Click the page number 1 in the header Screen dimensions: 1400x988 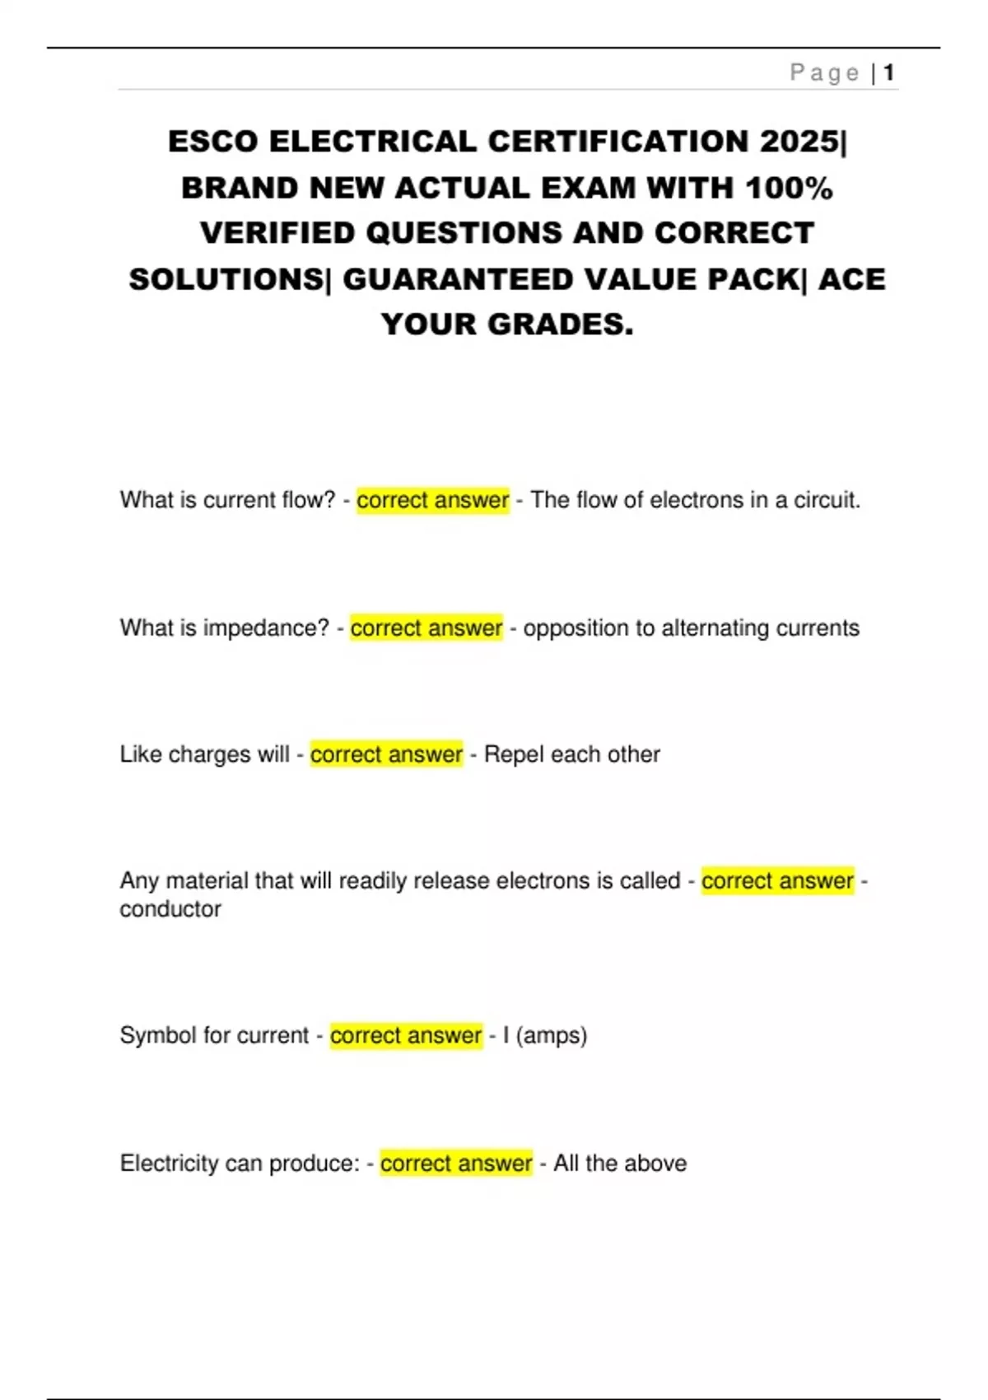point(889,73)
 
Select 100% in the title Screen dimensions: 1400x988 point(789,188)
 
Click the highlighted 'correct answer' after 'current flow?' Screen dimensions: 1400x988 point(432,500)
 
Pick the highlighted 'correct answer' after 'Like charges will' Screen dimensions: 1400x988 point(386,754)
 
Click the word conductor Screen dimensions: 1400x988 point(170,909)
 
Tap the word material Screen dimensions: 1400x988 point(207,880)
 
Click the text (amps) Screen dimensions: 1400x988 point(552,1035)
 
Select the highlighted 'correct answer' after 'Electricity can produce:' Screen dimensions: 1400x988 point(456,1163)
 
